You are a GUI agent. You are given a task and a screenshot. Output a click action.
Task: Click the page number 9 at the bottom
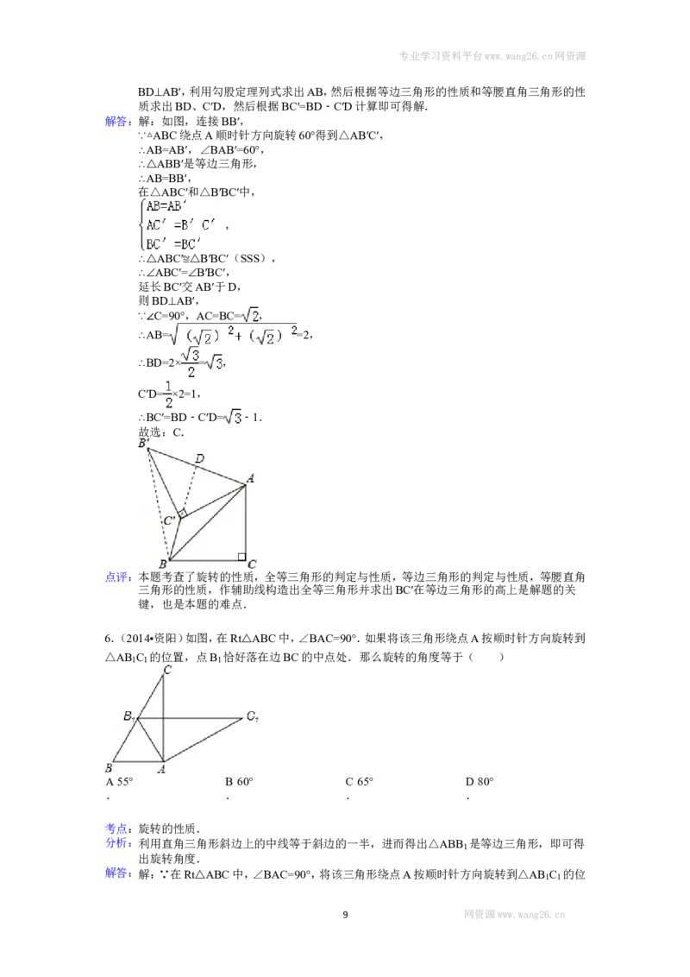pyautogui.click(x=346, y=915)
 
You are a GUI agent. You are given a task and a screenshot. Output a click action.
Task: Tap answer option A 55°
pyautogui.click(x=119, y=782)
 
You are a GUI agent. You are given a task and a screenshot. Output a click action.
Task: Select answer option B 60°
pyautogui.click(x=239, y=782)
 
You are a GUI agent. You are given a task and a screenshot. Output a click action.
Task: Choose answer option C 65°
pyautogui.click(x=360, y=782)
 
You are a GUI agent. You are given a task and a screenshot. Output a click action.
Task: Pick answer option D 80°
pyautogui.click(x=480, y=782)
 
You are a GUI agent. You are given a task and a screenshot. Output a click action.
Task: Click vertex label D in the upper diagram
pyautogui.click(x=199, y=458)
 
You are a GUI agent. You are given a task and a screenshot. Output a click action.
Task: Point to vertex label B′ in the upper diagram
pyautogui.click(x=144, y=443)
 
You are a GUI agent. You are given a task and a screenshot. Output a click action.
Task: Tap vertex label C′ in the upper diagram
pyautogui.click(x=169, y=520)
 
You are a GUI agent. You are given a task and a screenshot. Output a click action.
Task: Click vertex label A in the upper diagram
pyautogui.click(x=250, y=478)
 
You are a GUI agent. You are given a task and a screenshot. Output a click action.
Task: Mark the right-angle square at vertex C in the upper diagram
pyautogui.click(x=241, y=557)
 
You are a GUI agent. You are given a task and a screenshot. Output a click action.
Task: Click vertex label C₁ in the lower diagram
pyautogui.click(x=252, y=716)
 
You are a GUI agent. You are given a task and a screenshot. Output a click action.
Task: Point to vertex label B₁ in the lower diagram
pyautogui.click(x=129, y=716)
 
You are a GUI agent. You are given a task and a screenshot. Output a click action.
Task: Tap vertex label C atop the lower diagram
pyautogui.click(x=167, y=671)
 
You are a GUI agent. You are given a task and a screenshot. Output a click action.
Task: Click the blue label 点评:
pyautogui.click(x=118, y=577)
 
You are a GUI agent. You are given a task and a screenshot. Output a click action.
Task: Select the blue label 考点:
pyautogui.click(x=118, y=829)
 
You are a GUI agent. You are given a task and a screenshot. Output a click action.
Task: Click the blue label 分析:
pyautogui.click(x=118, y=844)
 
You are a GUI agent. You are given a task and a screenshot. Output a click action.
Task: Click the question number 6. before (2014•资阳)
pyautogui.click(x=109, y=639)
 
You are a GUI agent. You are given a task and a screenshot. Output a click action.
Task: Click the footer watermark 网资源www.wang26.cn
pyautogui.click(x=514, y=915)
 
